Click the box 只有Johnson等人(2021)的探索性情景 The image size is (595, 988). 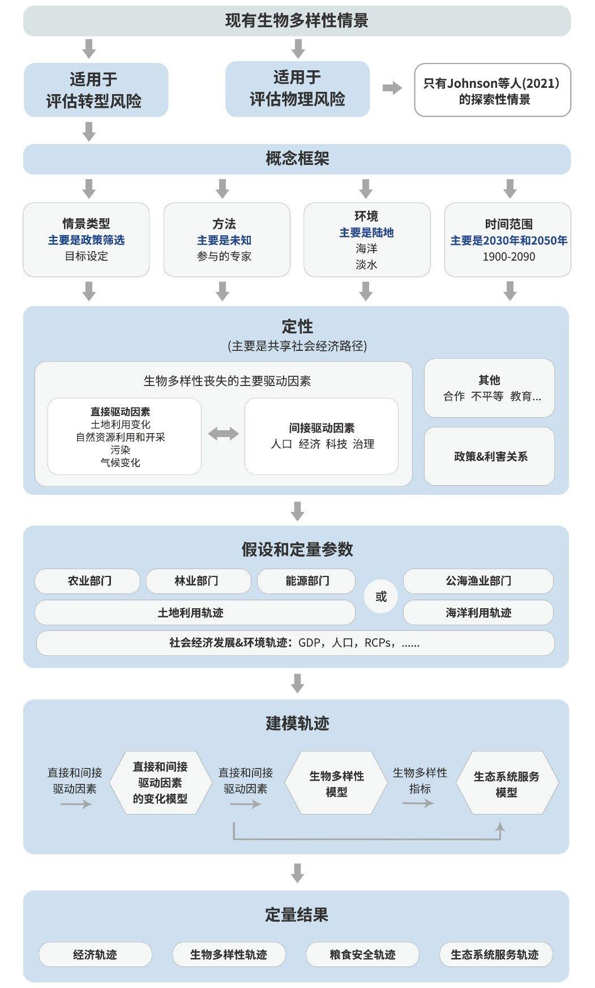click(492, 90)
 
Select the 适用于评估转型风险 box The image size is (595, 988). click(96, 90)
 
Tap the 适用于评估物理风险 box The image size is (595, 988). click(297, 89)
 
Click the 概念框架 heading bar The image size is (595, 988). click(297, 159)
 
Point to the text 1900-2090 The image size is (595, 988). click(508, 257)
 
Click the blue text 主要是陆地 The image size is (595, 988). click(366, 232)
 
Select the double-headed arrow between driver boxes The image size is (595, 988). click(223, 435)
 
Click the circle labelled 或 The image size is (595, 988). click(381, 596)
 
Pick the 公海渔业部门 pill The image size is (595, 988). click(478, 581)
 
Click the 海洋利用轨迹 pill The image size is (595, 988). click(478, 613)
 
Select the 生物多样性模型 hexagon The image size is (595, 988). click(336, 783)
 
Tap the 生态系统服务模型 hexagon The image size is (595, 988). click(506, 784)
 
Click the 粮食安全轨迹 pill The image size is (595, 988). click(362, 955)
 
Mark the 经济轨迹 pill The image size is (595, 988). click(95, 955)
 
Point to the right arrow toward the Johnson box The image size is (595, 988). click(392, 88)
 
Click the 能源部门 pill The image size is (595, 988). click(306, 581)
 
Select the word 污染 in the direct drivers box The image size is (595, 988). click(120, 450)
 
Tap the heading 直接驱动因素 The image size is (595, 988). click(120, 412)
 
